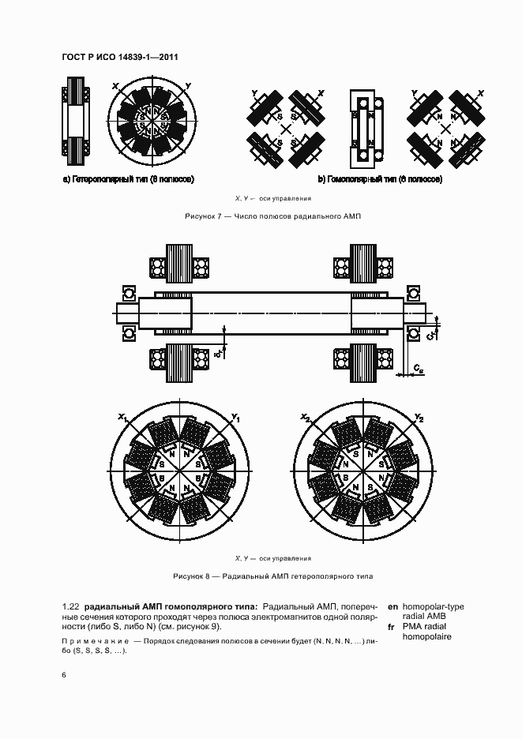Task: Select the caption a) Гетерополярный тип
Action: point(128,179)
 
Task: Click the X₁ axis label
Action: point(122,417)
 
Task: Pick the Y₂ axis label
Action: point(419,417)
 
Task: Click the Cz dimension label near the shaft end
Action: point(419,369)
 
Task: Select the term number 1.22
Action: point(69,606)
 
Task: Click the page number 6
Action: point(64,675)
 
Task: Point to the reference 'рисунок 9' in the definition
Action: point(197,626)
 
